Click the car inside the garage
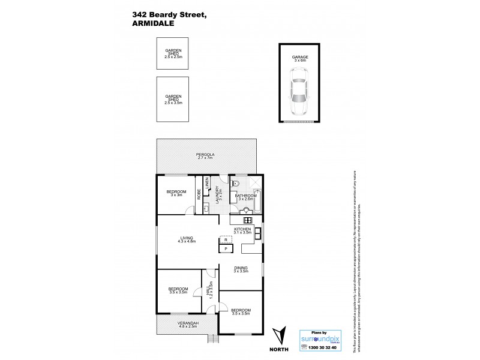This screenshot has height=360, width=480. coord(299,91)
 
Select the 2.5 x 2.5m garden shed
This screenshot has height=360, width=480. coord(173,55)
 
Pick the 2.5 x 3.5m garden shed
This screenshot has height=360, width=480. coord(173,100)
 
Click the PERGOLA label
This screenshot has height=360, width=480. coord(205,156)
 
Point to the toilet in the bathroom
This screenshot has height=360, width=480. coord(236,184)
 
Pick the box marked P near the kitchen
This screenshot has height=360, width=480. coord(226,248)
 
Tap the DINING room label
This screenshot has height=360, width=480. coord(240,270)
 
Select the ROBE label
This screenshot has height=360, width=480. coord(199,194)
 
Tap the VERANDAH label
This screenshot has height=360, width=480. coord(187,325)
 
